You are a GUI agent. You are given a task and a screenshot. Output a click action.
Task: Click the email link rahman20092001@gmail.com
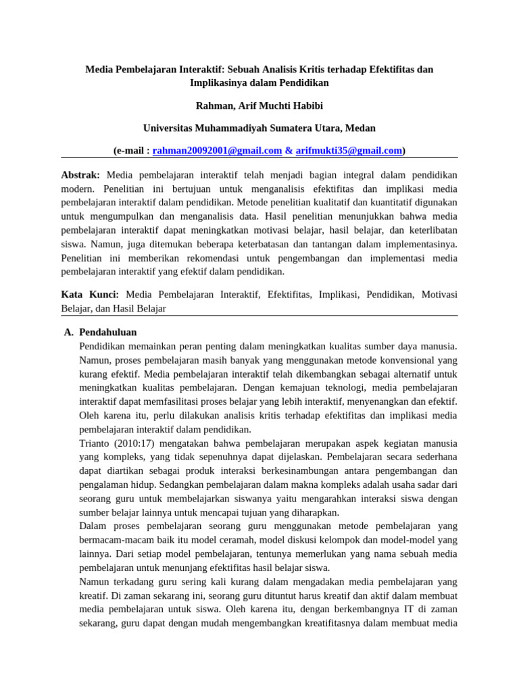point(217,151)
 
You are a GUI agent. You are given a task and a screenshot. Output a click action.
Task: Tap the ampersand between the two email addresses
point(289,151)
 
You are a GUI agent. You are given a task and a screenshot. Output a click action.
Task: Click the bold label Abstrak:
point(80,174)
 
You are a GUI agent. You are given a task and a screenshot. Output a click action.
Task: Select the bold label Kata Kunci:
point(90,294)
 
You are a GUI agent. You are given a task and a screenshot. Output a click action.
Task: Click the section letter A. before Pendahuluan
point(68,332)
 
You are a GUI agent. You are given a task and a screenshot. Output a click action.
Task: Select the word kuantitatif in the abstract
point(372,202)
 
